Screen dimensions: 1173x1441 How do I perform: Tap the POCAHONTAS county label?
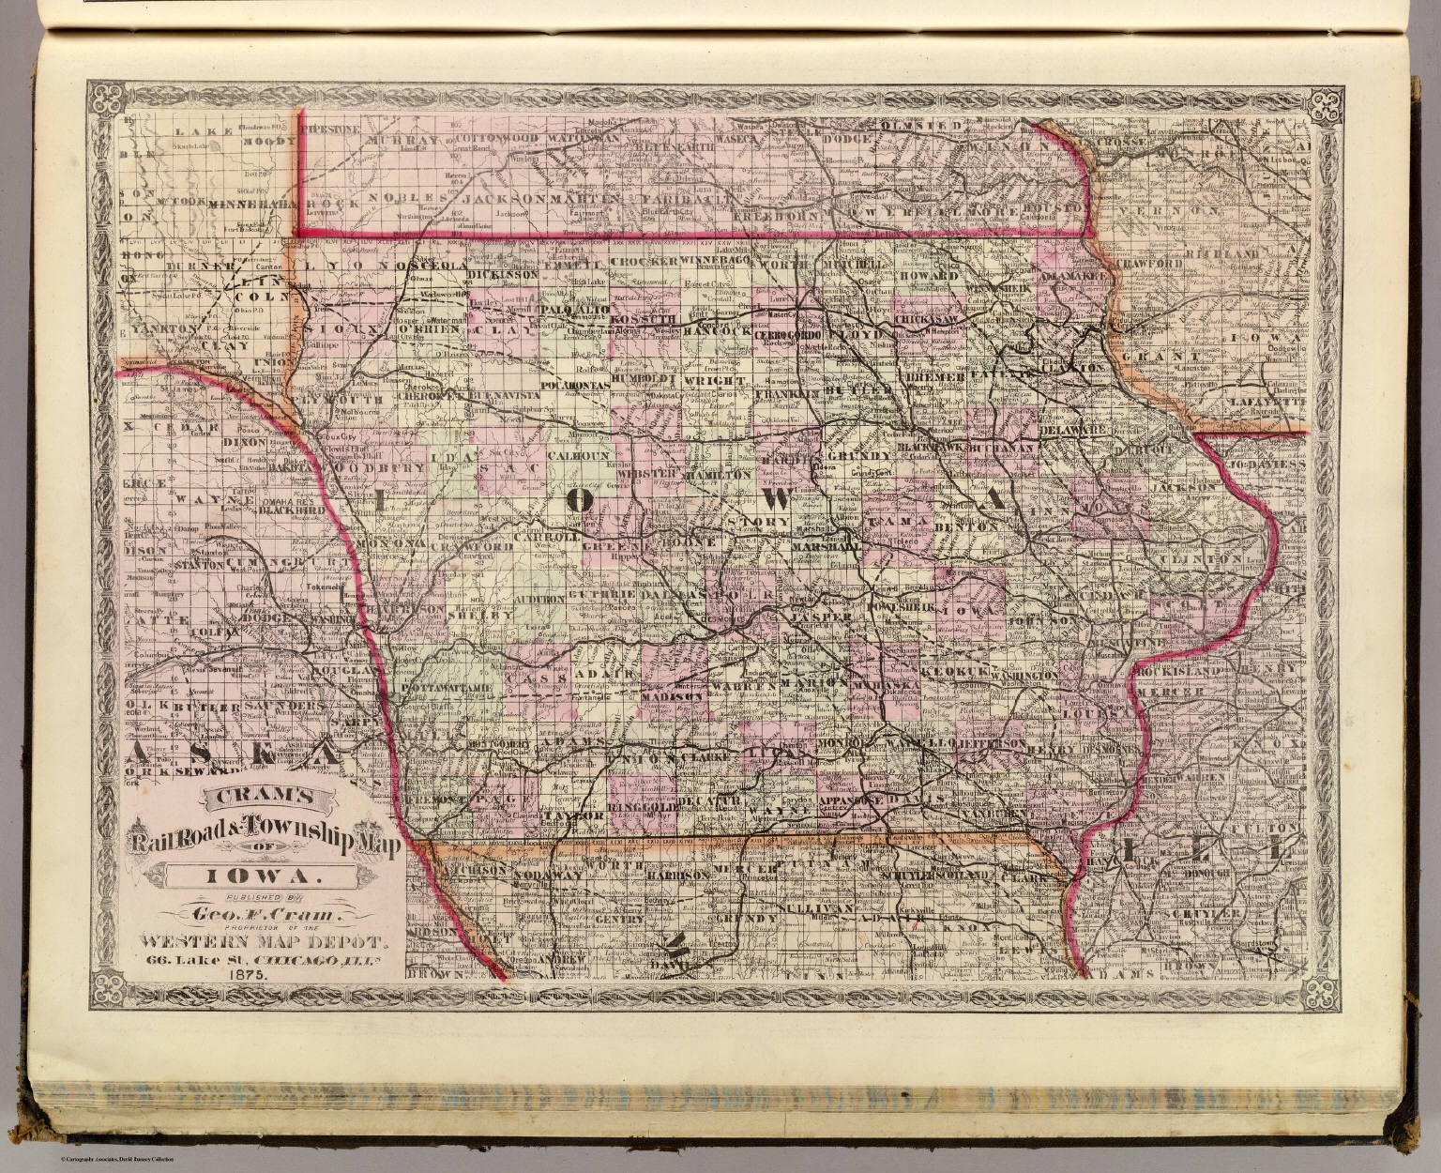coord(573,386)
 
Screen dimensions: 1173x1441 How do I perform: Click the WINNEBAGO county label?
coord(715,260)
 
